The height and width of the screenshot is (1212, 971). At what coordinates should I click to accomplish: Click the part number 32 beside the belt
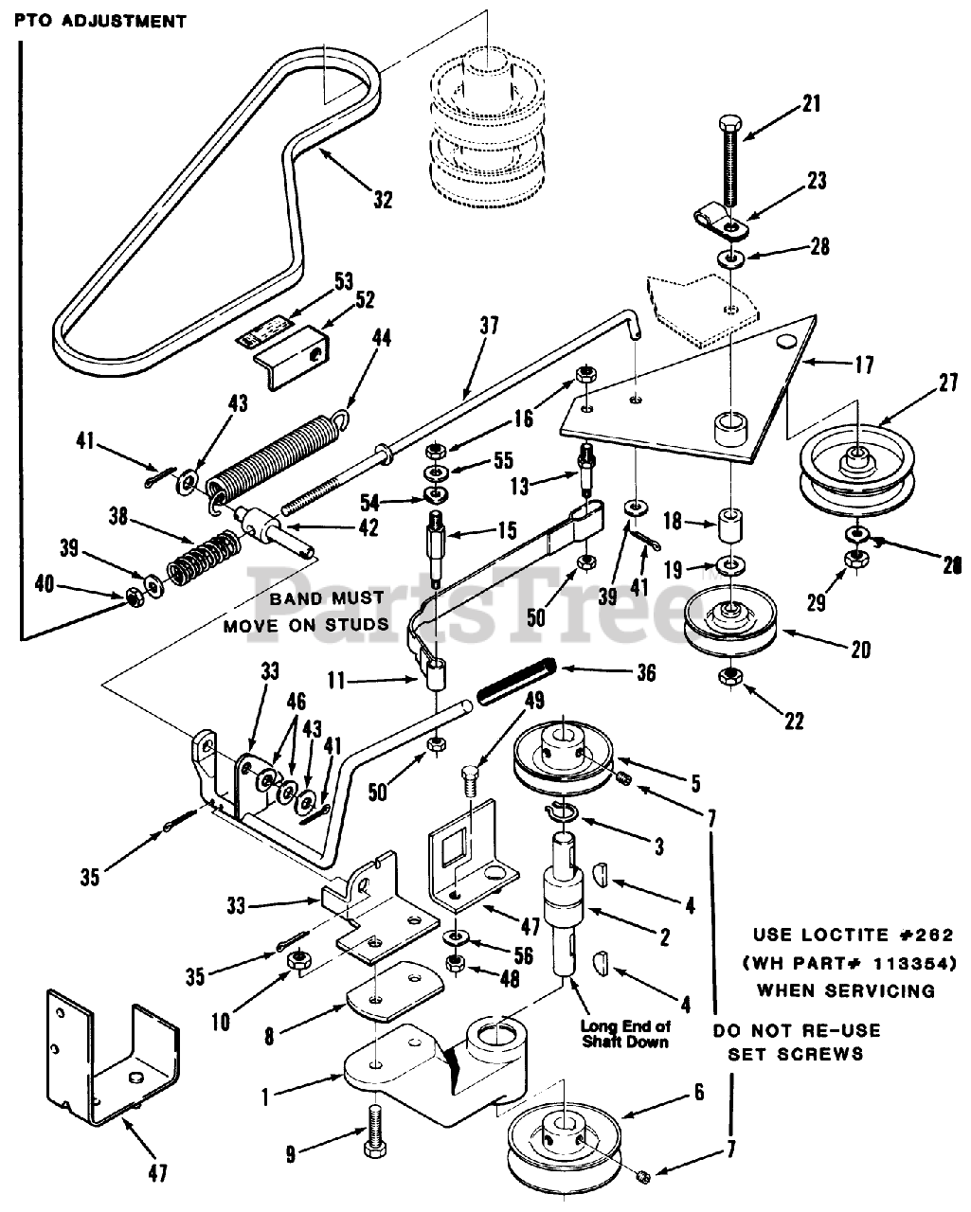pyautogui.click(x=382, y=200)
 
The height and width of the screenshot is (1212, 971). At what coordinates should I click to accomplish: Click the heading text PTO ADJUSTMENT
pyautogui.click(x=100, y=21)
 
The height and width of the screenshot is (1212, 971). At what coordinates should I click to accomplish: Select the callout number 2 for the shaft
pyautogui.click(x=665, y=938)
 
